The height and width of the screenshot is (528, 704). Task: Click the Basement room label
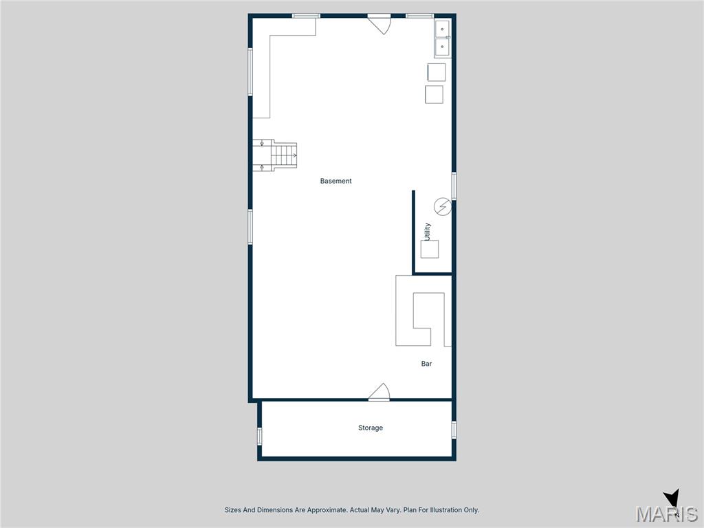(335, 181)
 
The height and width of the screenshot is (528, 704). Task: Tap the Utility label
(428, 231)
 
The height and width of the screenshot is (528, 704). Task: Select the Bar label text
(426, 364)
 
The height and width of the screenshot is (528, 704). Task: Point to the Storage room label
(370, 428)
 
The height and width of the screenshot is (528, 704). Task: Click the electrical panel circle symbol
(443, 206)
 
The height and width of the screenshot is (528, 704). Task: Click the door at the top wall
(379, 22)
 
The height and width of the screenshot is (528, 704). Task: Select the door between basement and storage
(379, 393)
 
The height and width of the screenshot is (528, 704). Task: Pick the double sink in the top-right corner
(441, 38)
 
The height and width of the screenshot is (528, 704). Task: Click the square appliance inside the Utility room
(430, 249)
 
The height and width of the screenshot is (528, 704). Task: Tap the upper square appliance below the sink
(437, 72)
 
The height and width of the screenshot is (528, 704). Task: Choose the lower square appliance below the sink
(434, 94)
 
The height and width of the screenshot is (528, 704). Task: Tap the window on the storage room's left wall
(260, 435)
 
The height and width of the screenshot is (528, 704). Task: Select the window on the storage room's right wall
(454, 430)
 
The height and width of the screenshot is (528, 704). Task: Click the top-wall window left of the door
(306, 15)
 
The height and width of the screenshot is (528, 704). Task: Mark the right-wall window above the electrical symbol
(454, 186)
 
